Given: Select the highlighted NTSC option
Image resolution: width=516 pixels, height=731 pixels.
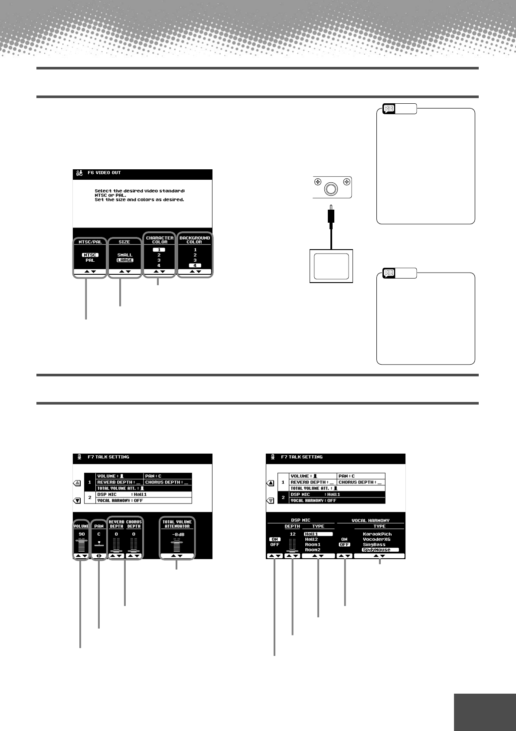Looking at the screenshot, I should click(x=90, y=255).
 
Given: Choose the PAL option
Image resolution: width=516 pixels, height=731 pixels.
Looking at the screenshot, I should click(x=90, y=260).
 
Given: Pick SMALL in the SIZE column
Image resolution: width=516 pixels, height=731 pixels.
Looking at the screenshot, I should click(x=124, y=255).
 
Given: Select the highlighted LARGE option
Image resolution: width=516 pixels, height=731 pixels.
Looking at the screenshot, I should click(x=124, y=260).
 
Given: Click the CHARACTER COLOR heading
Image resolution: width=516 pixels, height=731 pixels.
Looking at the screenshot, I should click(x=160, y=240).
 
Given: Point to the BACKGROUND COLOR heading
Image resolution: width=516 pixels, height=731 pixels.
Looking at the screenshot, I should click(x=195, y=240).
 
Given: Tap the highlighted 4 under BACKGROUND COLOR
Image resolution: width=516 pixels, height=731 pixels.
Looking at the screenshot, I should click(x=195, y=265).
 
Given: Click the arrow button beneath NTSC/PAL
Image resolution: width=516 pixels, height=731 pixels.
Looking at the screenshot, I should click(x=90, y=272).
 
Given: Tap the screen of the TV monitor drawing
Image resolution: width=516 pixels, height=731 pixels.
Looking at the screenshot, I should click(x=331, y=266).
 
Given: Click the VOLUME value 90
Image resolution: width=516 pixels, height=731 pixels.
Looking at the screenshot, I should click(x=82, y=534).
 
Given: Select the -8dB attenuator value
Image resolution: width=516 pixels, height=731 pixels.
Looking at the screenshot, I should click(x=178, y=534).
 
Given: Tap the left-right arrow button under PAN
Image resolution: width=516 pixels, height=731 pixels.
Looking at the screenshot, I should click(x=99, y=556).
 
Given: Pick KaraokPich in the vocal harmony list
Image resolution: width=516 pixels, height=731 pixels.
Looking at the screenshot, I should click(x=377, y=534).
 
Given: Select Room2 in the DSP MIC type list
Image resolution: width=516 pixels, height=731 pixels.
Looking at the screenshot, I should click(x=313, y=550).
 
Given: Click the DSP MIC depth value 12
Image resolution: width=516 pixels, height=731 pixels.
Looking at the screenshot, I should click(x=293, y=534).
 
